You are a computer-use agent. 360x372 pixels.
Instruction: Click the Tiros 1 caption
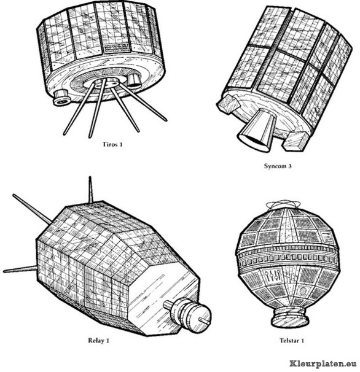click(112, 144)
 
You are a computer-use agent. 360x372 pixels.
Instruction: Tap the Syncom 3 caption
click(278, 166)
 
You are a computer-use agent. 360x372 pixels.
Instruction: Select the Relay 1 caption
click(98, 341)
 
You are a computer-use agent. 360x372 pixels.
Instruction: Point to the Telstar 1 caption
click(292, 341)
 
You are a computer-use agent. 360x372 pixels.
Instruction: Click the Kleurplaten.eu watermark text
click(323, 363)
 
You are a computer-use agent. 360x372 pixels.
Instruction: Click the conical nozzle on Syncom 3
click(257, 130)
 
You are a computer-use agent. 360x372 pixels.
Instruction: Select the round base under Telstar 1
click(290, 317)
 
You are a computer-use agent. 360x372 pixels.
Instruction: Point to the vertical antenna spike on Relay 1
click(90, 190)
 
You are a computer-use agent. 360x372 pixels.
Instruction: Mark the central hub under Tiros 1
click(104, 83)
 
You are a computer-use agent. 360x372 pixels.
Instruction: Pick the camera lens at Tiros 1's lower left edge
click(61, 98)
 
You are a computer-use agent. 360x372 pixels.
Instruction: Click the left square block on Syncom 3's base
click(228, 104)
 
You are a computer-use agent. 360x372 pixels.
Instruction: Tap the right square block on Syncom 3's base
click(294, 141)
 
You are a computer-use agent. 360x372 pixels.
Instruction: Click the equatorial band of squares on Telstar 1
click(288, 258)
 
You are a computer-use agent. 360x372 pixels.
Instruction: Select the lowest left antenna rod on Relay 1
click(20, 269)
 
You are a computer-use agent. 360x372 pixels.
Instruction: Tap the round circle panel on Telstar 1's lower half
click(303, 290)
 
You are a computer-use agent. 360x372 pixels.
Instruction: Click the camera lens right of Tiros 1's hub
click(133, 80)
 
